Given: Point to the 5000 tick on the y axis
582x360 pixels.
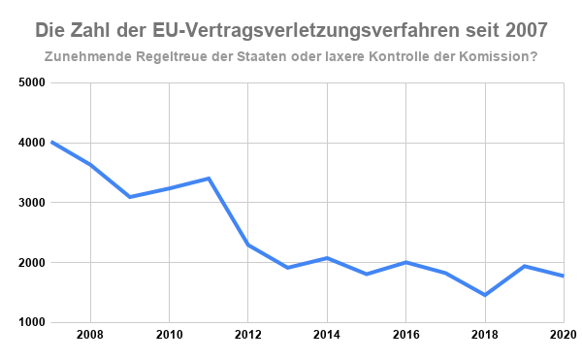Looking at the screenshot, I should tap(32, 82).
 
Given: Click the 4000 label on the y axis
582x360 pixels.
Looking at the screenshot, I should tap(32, 143).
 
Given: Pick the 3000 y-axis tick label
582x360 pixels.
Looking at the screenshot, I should tap(32, 203).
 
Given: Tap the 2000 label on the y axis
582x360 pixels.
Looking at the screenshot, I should tap(32, 263).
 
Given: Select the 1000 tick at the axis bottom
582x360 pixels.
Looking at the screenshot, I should tap(32, 322).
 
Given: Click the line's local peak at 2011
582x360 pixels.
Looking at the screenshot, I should tap(209, 179).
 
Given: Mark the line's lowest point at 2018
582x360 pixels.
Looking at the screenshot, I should tap(484, 295).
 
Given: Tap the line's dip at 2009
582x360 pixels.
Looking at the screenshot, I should tap(130, 197).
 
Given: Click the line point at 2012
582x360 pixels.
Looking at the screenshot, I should tap(248, 245).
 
